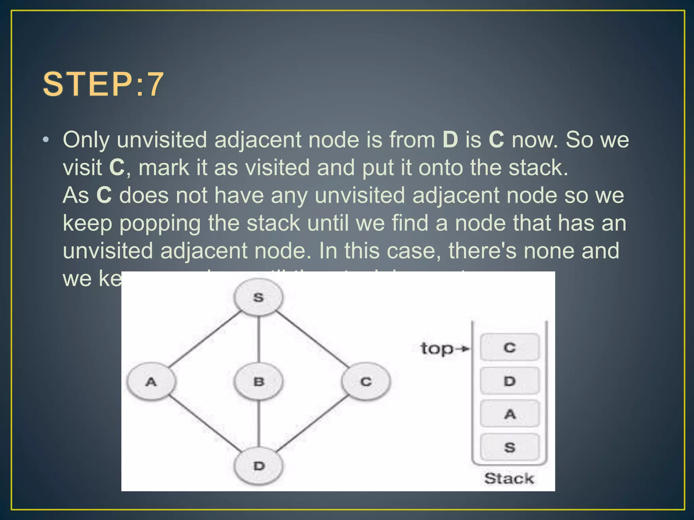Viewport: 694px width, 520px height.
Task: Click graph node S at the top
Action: [x=259, y=297]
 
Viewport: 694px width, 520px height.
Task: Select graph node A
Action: [x=151, y=382]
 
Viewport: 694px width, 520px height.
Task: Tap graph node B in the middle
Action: [x=259, y=382]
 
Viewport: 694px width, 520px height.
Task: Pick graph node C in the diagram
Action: [x=366, y=382]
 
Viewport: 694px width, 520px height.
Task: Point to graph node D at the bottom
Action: [x=259, y=466]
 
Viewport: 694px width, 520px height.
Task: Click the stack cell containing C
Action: [x=510, y=347]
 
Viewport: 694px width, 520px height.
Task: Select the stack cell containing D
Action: [x=510, y=381]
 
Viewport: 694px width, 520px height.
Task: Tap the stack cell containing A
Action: [x=510, y=414]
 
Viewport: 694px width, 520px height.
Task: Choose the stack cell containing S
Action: [x=510, y=447]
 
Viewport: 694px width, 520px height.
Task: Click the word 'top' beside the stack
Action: [x=436, y=349]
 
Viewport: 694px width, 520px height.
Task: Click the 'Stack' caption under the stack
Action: [x=509, y=478]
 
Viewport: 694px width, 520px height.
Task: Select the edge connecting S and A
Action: [x=205, y=339]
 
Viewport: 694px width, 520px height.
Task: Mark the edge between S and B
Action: [x=259, y=339]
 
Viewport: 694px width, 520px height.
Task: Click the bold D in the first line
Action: [x=450, y=139]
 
